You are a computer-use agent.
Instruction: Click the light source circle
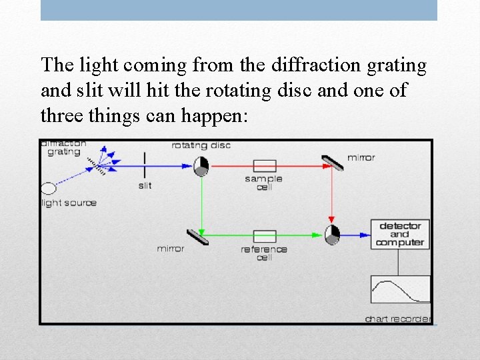[x=49, y=188]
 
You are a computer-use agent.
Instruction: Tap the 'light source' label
[x=69, y=203]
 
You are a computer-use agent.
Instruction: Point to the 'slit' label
[x=145, y=185]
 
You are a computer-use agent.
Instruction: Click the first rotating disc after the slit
[x=201, y=165]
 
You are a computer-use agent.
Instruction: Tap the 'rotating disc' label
[x=201, y=145]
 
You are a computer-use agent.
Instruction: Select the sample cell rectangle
[x=265, y=165]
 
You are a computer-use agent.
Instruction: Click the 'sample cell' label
[x=264, y=183]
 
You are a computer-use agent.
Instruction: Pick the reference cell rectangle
[x=265, y=236]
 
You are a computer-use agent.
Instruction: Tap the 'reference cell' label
[x=264, y=253]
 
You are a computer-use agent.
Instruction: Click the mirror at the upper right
[x=331, y=162]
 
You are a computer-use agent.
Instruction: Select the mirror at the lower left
[x=197, y=237]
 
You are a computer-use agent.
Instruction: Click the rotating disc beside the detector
[x=331, y=234]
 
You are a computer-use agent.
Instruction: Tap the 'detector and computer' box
[x=399, y=235]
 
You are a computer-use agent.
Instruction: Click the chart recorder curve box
[x=400, y=290]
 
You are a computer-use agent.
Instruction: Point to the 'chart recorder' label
[x=398, y=319]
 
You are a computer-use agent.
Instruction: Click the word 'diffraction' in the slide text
[x=293, y=65]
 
